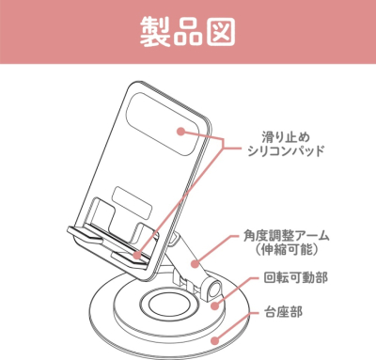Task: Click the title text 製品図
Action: coord(188,30)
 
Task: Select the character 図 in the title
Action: coord(225,30)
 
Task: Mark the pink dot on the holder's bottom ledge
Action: coord(137,254)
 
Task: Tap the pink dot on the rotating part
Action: coord(212,302)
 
